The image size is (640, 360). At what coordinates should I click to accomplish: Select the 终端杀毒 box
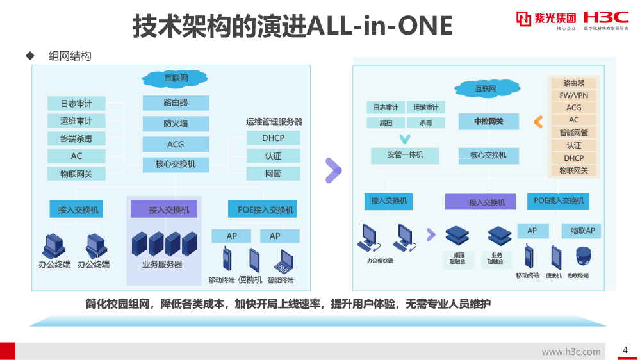(x=76, y=138)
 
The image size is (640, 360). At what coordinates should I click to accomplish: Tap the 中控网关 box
(x=488, y=122)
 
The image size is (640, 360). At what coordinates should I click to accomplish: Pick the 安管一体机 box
(x=405, y=155)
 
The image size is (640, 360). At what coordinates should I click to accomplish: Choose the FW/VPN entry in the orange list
(x=573, y=95)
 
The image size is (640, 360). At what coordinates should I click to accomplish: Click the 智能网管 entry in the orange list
(x=573, y=133)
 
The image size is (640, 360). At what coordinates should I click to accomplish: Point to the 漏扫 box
(x=386, y=122)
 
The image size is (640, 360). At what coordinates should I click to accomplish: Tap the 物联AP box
(x=582, y=231)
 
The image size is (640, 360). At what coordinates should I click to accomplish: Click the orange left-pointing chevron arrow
(x=538, y=121)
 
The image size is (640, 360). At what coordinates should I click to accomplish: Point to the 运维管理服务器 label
(x=274, y=122)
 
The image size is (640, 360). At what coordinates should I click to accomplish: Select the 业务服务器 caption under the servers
(x=162, y=265)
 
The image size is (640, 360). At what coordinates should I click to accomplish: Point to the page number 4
(x=625, y=350)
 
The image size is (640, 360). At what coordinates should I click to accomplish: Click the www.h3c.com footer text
(x=571, y=352)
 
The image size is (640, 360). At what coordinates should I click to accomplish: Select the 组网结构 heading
(x=70, y=56)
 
